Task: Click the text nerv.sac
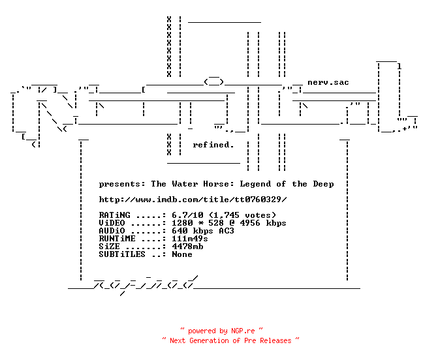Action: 328,82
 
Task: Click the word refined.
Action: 213,145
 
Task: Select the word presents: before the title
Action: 122,184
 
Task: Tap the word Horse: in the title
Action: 219,184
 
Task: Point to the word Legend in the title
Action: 255,184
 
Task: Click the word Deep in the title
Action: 324,184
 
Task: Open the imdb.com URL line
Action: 193,200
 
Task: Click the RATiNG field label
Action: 114,215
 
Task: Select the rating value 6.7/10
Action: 187,215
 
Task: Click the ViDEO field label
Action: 112,223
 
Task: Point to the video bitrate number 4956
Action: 250,223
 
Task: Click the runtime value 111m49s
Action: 190,239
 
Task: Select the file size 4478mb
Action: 187,247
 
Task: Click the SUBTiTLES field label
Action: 122,254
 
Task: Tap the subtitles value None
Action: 182,254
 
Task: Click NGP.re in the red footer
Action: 243,331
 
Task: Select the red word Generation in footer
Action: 209,340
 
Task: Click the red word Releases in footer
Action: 275,340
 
